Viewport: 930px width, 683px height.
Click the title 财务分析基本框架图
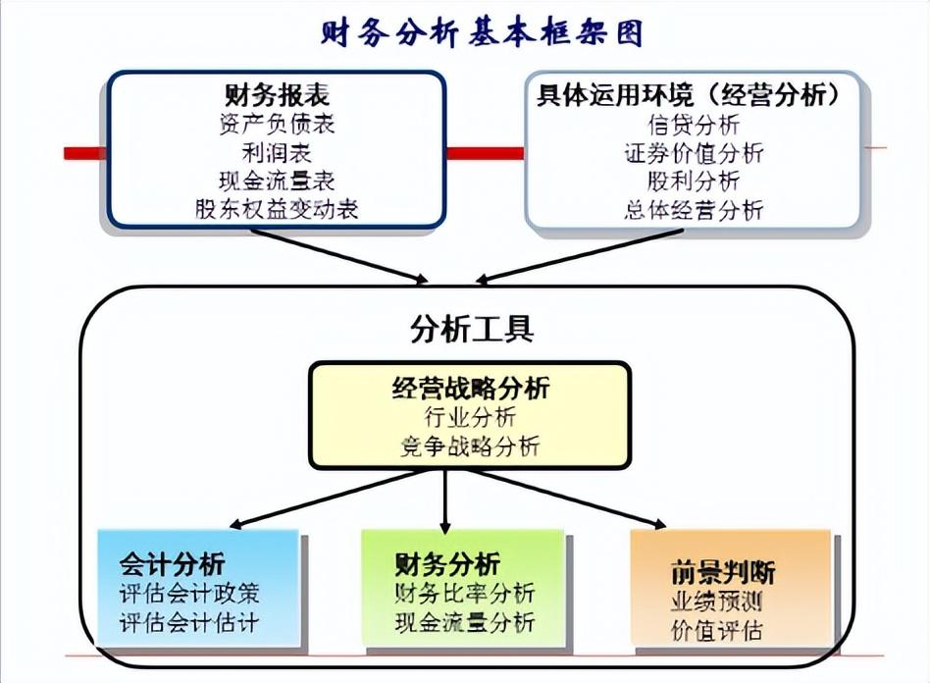[482, 32]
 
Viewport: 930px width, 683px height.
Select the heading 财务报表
[277, 95]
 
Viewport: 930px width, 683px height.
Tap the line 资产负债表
[277, 124]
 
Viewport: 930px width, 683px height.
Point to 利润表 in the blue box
[277, 152]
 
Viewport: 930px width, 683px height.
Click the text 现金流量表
[277, 181]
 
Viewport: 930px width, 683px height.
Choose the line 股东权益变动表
[277, 209]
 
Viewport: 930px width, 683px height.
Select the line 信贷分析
[694, 125]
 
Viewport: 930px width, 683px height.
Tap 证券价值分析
[694, 153]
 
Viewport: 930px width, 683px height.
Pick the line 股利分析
[694, 181]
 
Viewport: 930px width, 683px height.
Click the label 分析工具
[472, 329]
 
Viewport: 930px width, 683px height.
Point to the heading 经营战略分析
[471, 388]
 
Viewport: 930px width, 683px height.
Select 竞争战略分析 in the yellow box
[470, 447]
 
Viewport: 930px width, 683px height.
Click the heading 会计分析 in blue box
[172, 563]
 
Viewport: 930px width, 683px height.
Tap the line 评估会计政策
[189, 594]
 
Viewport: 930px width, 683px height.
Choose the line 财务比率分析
[465, 593]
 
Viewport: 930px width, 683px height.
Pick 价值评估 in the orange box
[716, 630]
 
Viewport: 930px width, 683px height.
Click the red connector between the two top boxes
[486, 154]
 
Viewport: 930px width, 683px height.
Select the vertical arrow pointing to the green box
[445, 500]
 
